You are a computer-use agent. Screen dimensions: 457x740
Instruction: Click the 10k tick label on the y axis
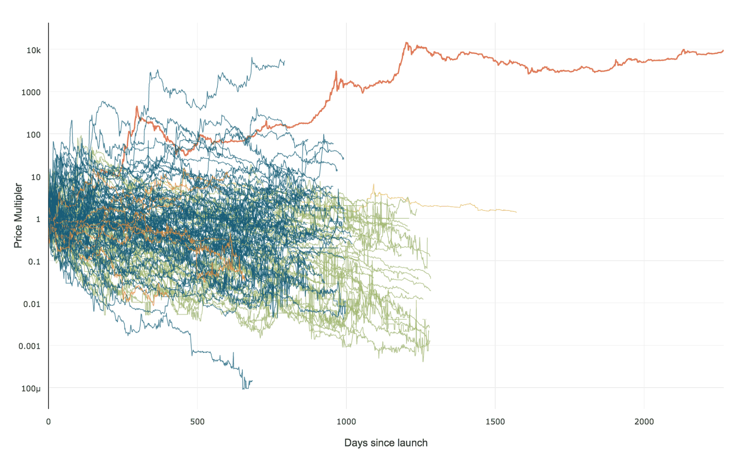pyautogui.click(x=33, y=50)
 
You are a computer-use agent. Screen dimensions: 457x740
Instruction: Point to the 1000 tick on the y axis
pyautogui.click(x=31, y=93)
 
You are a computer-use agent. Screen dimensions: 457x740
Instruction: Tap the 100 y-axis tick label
pyautogui.click(x=33, y=135)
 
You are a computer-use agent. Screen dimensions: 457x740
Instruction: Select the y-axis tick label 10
pyautogui.click(x=36, y=177)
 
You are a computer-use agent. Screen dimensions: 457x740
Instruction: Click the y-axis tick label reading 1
pyautogui.click(x=38, y=219)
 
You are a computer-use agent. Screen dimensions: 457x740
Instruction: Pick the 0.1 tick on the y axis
pyautogui.click(x=34, y=262)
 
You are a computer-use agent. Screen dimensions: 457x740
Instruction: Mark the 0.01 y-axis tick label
pyautogui.click(x=32, y=304)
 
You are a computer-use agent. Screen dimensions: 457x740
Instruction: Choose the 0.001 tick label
pyautogui.click(x=30, y=346)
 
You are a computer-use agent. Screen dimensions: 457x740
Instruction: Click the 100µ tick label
pyautogui.click(x=31, y=389)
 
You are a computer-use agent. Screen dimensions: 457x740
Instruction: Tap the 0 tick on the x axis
pyautogui.click(x=49, y=421)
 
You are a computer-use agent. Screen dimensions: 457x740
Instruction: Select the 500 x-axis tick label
pyautogui.click(x=197, y=421)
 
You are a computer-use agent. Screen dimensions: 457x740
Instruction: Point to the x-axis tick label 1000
pyautogui.click(x=346, y=421)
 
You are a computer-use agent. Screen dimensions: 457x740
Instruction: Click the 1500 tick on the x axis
pyautogui.click(x=495, y=421)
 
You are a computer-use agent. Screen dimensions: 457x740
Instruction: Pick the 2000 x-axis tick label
pyautogui.click(x=644, y=421)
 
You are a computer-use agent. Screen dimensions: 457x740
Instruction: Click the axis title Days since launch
pyautogui.click(x=386, y=443)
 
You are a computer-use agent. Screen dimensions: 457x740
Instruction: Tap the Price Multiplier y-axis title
pyautogui.click(x=18, y=216)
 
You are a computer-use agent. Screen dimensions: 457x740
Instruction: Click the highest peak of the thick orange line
pyautogui.click(x=407, y=43)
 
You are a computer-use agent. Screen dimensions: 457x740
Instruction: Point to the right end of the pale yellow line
pyautogui.click(x=516, y=212)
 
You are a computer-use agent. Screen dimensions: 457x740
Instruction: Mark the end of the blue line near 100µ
pyautogui.click(x=252, y=381)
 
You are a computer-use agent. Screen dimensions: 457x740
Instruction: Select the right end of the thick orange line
pyautogui.click(x=723, y=50)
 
